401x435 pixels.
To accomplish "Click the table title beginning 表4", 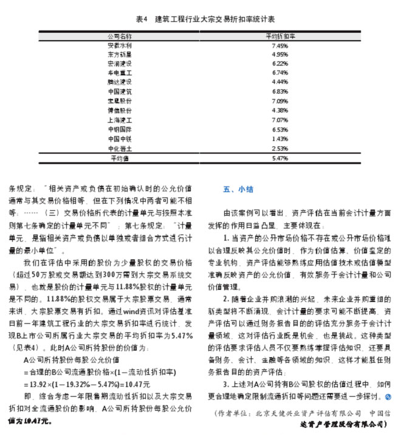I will [x=200, y=19].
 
